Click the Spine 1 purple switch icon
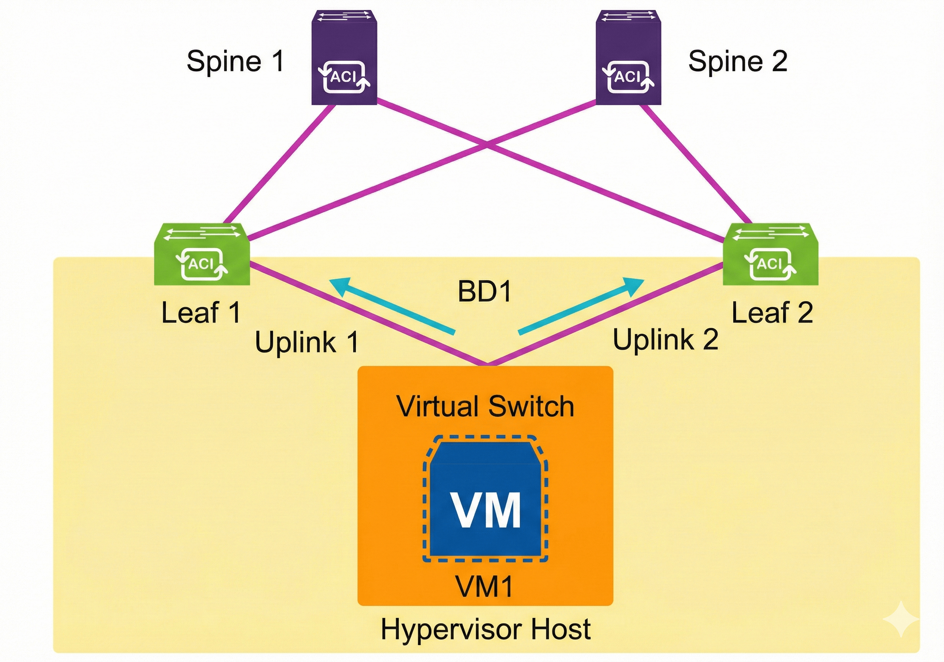pos(344,57)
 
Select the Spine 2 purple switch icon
pos(628,57)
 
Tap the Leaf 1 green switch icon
pos(202,254)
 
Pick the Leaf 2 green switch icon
pos(770,254)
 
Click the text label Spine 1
pos(235,61)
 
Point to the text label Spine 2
pos(737,61)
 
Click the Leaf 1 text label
pos(201,313)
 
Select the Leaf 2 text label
pos(772,313)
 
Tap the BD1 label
pos(484,292)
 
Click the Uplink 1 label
pos(307,342)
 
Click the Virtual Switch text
pos(485,406)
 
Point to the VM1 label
pos(484,586)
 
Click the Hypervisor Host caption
pos(485,629)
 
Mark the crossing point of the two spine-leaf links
pos(487,143)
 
